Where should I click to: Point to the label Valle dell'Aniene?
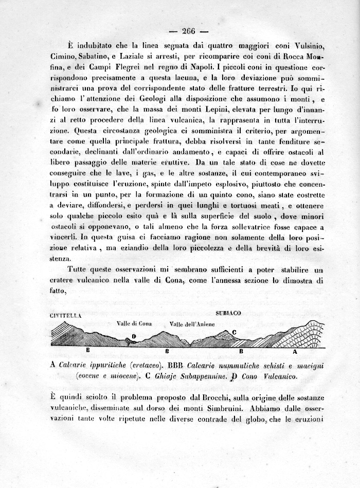coord(192,324)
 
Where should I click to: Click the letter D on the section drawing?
coord(134,336)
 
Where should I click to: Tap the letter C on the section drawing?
coord(234,332)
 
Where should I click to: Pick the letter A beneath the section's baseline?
coord(295,352)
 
